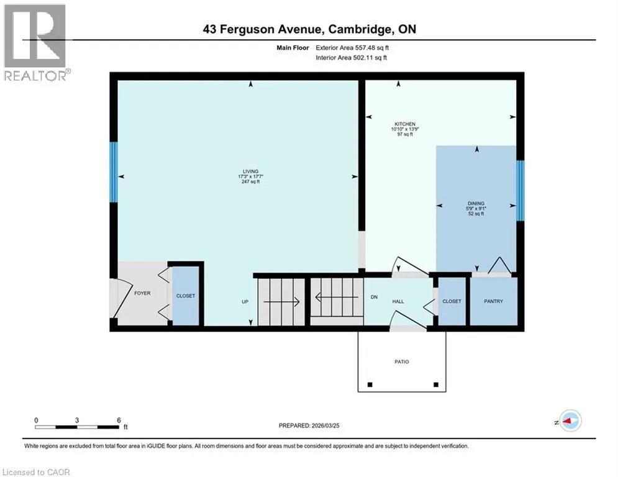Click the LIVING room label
tap(251, 171)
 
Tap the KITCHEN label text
tap(405, 124)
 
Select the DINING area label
tap(476, 204)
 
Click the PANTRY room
tap(493, 301)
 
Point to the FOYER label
tap(142, 293)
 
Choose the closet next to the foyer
tap(186, 296)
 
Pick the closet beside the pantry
tap(452, 301)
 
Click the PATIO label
tap(402, 361)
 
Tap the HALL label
tap(398, 302)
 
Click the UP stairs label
tap(245, 302)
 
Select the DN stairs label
tap(374, 298)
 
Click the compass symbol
tap(571, 421)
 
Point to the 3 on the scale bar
tap(77, 420)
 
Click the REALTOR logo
tap(35, 43)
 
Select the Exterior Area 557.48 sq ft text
tap(352, 48)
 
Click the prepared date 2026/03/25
tap(325, 425)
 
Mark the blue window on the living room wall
tap(114, 172)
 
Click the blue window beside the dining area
tap(520, 191)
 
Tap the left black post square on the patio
tap(370, 384)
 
